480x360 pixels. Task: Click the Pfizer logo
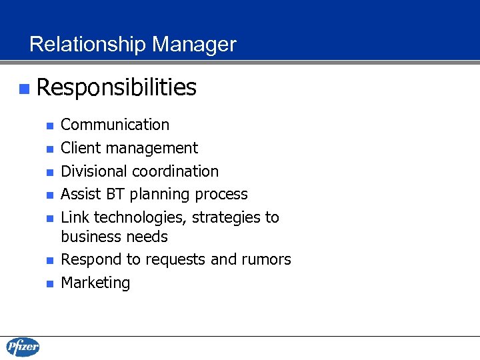[x=23, y=347]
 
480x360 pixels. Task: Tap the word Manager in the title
[x=194, y=45]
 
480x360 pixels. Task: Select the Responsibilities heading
[x=117, y=87]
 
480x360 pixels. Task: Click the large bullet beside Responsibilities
[x=24, y=88]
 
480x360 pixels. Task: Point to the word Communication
[x=115, y=125]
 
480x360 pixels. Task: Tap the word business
[x=89, y=237]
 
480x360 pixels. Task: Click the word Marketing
[x=95, y=283]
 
